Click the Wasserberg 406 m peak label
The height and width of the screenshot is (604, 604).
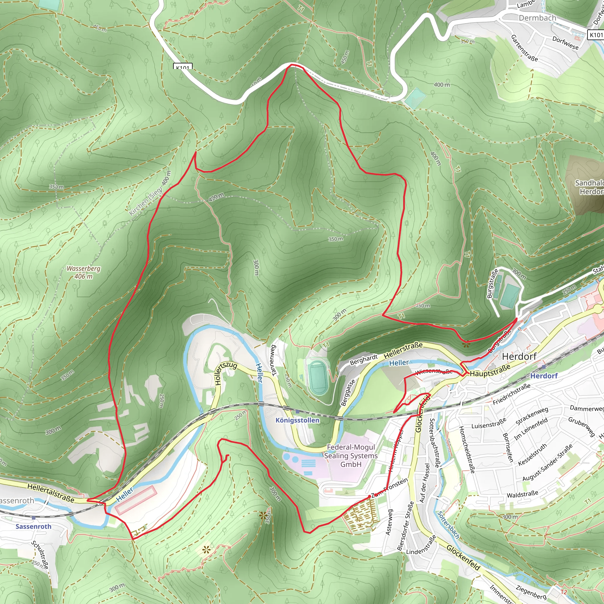pyautogui.click(x=83, y=272)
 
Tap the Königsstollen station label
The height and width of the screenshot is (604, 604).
pyautogui.click(x=297, y=420)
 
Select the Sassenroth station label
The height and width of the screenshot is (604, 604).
pyautogui.click(x=33, y=526)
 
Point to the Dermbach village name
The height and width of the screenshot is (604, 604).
pyautogui.click(x=537, y=18)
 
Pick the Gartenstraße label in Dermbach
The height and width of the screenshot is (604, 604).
pyautogui.click(x=524, y=48)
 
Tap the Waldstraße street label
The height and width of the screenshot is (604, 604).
pyautogui.click(x=522, y=494)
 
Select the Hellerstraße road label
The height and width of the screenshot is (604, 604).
pyautogui.click(x=403, y=350)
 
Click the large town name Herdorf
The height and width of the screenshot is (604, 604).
pyautogui.click(x=519, y=356)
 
